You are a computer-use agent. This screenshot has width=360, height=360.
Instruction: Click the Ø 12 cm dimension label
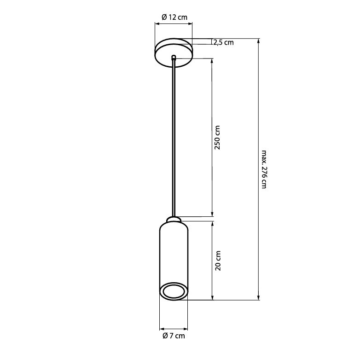click(174, 17)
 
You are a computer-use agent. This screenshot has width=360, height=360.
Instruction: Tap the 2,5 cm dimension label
click(224, 42)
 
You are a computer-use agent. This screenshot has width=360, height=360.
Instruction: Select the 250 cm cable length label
click(217, 138)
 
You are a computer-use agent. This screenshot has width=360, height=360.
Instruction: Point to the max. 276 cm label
click(264, 169)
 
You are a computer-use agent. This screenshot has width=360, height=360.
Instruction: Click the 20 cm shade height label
click(218, 261)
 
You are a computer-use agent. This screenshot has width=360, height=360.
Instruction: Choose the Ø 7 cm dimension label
click(174, 336)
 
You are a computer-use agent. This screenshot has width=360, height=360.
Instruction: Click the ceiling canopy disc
click(174, 53)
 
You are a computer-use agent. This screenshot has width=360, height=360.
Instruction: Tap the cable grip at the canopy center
click(174, 57)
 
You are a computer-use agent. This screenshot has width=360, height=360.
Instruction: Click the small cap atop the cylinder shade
click(174, 219)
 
